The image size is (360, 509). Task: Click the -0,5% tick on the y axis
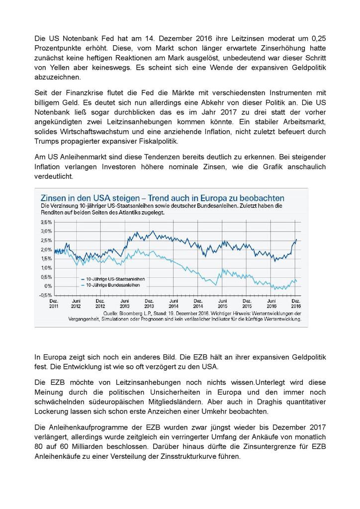point(46,295)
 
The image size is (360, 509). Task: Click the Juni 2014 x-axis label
point(174,304)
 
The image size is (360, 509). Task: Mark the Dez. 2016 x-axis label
point(295,304)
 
